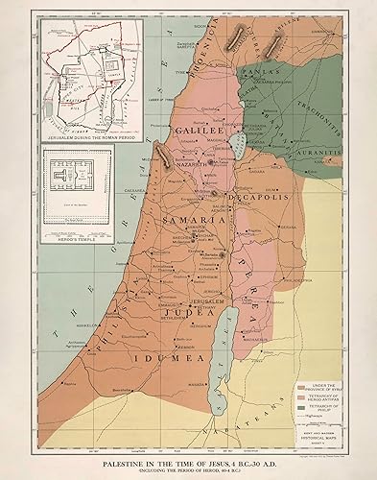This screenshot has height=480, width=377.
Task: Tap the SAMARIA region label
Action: click(194, 220)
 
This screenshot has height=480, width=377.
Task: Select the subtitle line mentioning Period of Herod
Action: click(187, 450)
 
